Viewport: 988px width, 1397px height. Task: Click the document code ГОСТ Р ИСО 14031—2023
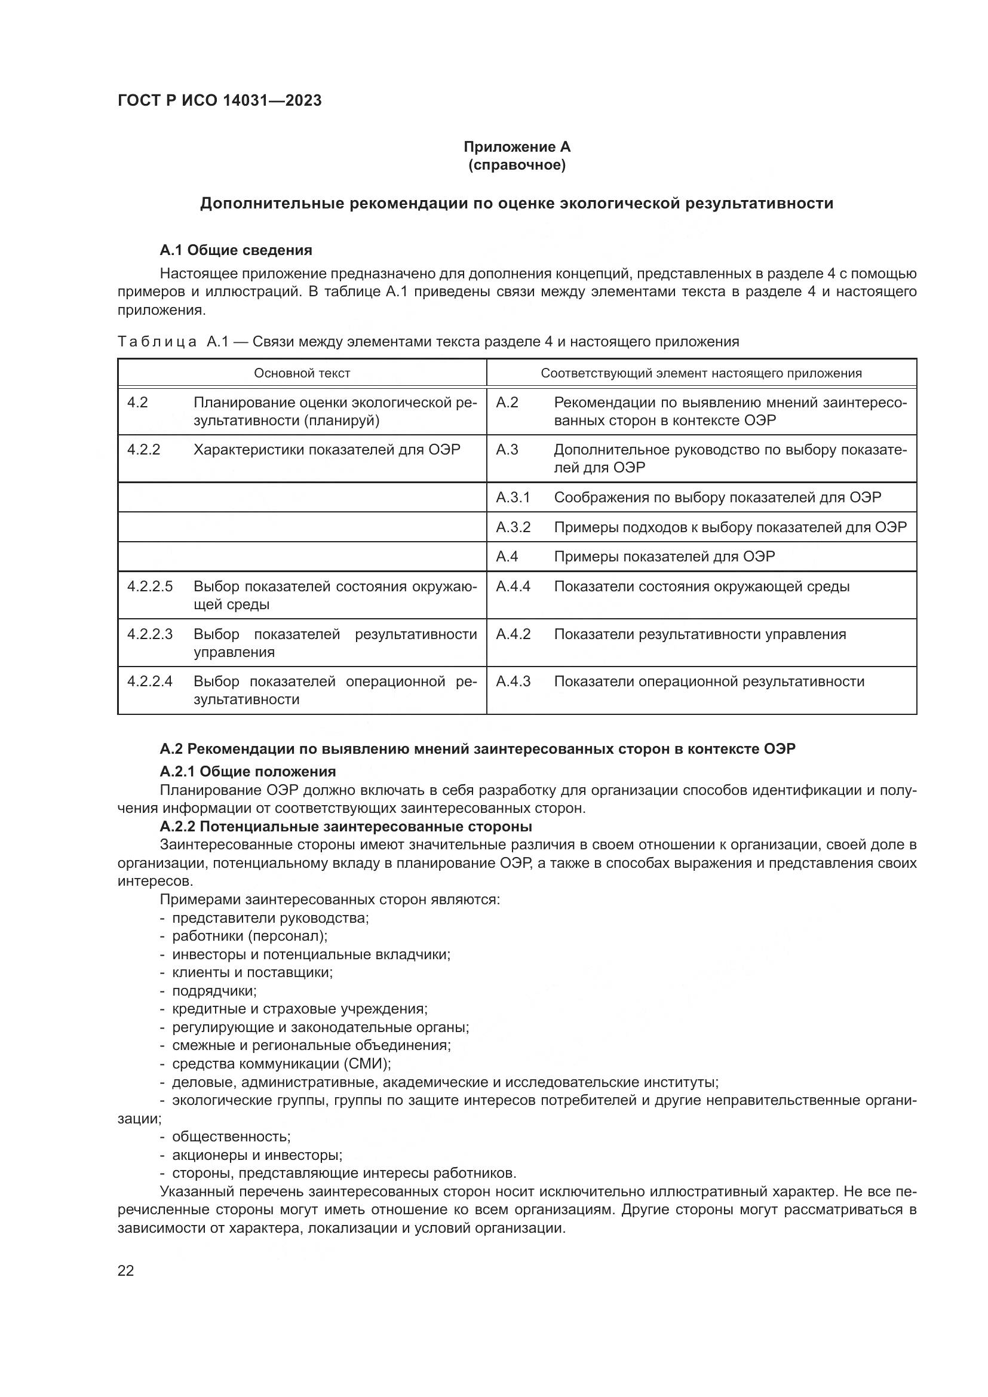tap(219, 101)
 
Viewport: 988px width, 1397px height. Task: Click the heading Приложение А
tap(517, 147)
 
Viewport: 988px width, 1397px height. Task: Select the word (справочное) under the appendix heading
tap(517, 165)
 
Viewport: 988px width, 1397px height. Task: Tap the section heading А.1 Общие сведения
tap(235, 250)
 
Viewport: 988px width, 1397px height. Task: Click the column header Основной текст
tap(302, 373)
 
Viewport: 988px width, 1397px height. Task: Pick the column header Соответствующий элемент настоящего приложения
tap(701, 373)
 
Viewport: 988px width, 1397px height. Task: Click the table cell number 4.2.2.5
tap(150, 587)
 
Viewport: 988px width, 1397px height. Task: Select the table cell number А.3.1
tap(513, 498)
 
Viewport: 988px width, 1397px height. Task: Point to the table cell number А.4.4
tap(513, 587)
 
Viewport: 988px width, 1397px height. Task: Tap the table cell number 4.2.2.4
tap(150, 681)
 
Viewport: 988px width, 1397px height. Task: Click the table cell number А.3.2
tap(513, 527)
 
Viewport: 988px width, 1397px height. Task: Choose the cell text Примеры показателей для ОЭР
tap(664, 557)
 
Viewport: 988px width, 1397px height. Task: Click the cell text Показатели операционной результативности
tap(709, 681)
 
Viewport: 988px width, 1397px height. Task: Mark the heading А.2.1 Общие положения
tap(248, 772)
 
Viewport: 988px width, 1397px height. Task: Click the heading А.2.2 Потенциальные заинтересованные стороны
tap(345, 826)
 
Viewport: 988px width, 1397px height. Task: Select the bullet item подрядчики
tap(214, 990)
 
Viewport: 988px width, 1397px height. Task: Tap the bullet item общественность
tap(231, 1136)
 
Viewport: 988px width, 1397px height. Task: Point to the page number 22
tap(126, 1270)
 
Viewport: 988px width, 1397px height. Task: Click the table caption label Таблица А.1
tap(172, 342)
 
